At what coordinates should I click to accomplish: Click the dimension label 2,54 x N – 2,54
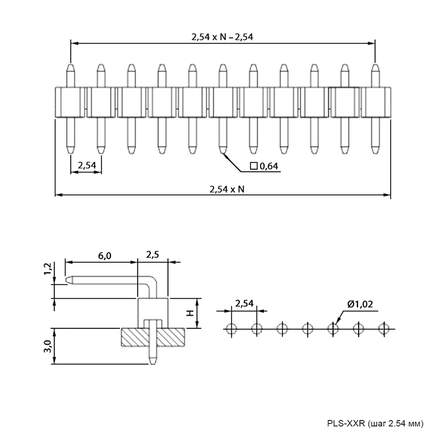222,37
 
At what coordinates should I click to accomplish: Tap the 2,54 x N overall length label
227,189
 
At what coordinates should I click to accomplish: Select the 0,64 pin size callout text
269,166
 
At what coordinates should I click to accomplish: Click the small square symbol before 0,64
254,166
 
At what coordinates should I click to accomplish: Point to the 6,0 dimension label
105,256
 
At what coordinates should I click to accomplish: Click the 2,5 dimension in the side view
153,255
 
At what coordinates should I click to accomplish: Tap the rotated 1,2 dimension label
48,268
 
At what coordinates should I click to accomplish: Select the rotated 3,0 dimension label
47,346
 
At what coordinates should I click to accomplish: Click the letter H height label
190,313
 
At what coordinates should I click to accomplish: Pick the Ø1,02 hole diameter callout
361,304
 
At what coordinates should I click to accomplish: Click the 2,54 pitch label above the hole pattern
244,304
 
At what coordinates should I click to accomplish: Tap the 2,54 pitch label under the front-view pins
87,165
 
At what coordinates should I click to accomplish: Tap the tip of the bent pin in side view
67,280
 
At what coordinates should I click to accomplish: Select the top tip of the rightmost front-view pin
375,65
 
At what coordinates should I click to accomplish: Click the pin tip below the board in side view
153,363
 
